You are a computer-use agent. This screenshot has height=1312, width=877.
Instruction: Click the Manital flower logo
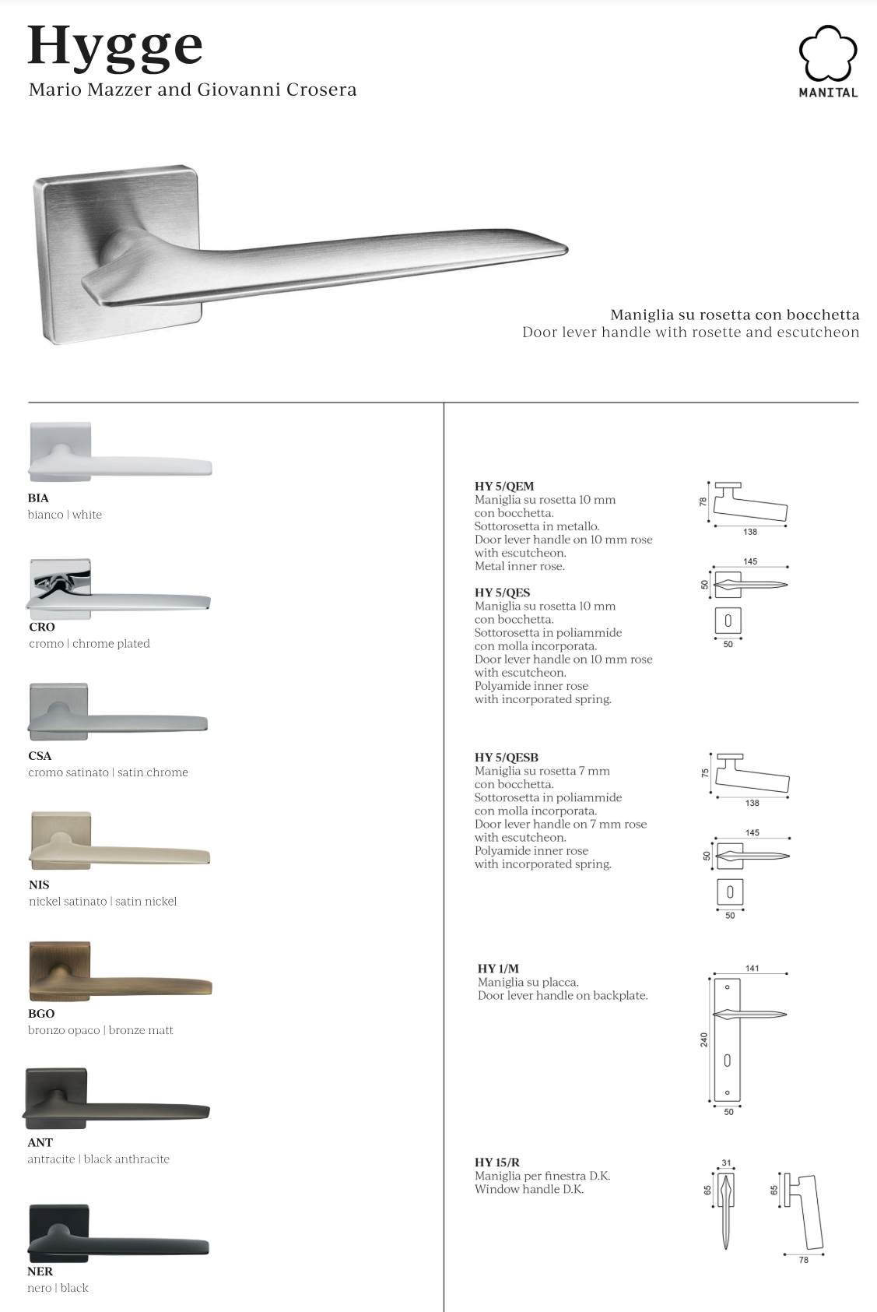tap(828, 53)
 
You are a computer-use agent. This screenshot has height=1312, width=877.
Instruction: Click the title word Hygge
tap(115, 47)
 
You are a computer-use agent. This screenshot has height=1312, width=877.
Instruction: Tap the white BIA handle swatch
tap(119, 453)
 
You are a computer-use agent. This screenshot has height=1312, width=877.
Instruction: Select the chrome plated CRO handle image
tap(118, 589)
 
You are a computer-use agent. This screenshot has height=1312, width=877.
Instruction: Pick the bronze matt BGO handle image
tap(120, 973)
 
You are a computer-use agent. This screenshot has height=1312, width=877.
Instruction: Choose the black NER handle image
tap(118, 1233)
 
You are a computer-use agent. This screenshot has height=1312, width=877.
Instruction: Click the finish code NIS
tap(39, 885)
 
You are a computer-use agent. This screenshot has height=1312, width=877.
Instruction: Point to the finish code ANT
tap(40, 1142)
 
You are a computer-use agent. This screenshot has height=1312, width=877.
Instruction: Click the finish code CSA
tap(40, 756)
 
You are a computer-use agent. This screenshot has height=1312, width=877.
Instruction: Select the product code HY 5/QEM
tap(504, 487)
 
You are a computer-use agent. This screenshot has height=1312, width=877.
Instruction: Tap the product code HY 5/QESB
tap(507, 758)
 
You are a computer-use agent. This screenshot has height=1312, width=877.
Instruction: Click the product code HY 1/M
tap(498, 969)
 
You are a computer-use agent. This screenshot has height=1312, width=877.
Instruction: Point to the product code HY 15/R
tap(497, 1163)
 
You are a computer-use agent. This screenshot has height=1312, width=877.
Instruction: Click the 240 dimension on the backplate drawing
tap(704, 1039)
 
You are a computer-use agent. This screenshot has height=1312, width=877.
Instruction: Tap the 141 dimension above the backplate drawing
tap(752, 969)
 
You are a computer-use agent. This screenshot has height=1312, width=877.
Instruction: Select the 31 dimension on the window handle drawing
tap(726, 1163)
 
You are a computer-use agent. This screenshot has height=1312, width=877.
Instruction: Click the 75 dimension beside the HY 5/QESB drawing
tap(705, 774)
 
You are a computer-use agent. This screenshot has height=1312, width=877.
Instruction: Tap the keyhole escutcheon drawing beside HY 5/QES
tap(728, 621)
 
